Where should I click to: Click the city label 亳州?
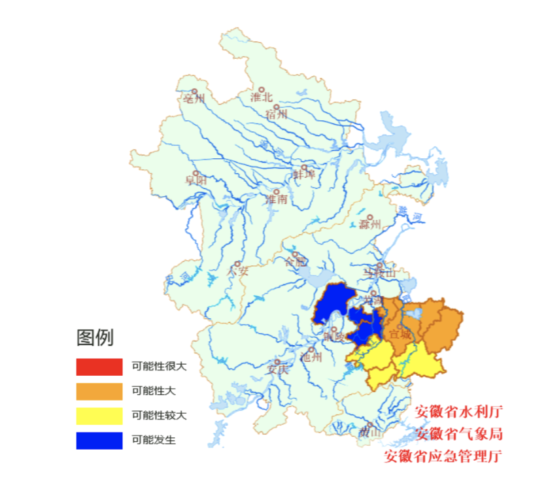pos(194,99)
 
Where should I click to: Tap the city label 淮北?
pos(262,97)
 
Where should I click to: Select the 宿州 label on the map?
pos(277,113)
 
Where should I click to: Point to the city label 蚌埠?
pos(304,174)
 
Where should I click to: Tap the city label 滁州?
pos(370,225)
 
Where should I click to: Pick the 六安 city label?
pos(238,269)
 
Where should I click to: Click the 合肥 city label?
pos(296,261)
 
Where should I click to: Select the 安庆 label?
pos(277,369)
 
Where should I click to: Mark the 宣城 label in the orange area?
pos(400,334)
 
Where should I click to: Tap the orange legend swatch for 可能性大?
pos(99,391)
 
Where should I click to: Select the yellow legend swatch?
pos(99,416)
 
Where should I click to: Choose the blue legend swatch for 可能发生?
pos(99,441)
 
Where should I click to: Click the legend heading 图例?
pos(95,338)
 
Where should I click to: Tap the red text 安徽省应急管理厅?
pos(444,456)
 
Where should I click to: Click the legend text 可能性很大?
pos(160,366)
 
